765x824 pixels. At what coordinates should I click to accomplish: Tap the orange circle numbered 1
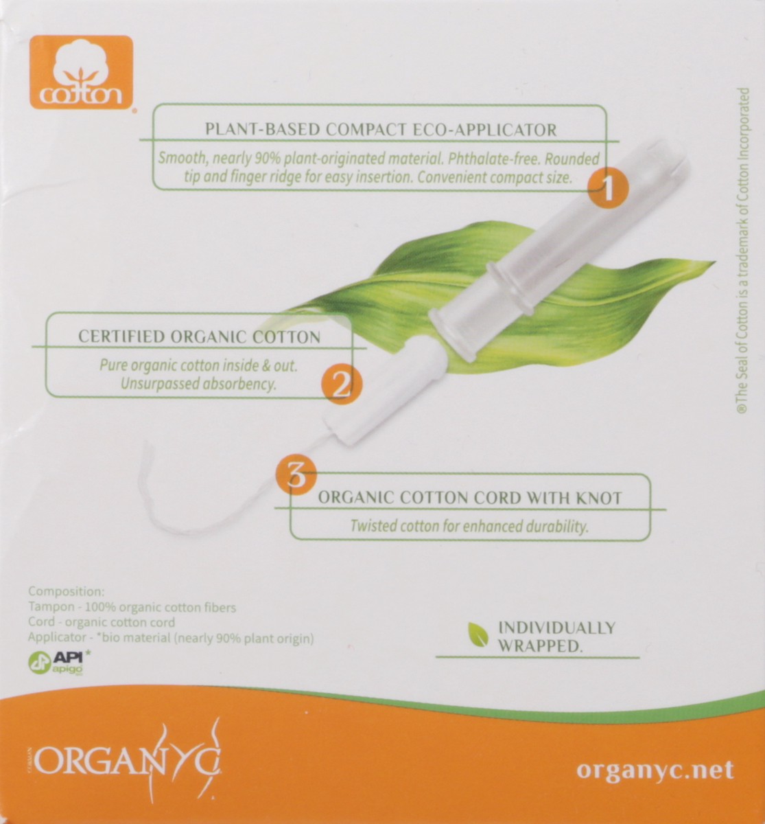(x=607, y=186)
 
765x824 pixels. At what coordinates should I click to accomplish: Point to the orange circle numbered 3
(x=295, y=474)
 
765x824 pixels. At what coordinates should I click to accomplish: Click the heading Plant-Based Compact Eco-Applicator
(x=381, y=128)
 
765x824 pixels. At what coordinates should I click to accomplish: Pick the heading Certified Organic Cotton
(x=199, y=336)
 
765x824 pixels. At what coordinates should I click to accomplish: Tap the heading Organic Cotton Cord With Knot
(x=470, y=498)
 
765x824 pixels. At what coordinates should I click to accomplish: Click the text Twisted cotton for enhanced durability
(x=470, y=527)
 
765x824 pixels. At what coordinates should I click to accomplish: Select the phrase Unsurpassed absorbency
(x=198, y=385)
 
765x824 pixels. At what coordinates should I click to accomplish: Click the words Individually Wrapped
(x=556, y=637)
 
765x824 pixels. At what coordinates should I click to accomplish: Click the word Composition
(x=66, y=592)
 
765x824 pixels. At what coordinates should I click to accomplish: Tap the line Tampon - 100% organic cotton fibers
(x=132, y=608)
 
